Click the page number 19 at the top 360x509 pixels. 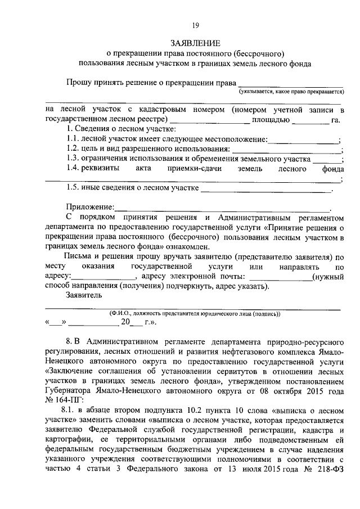pos(196,25)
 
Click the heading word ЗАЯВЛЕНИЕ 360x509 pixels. pos(195,43)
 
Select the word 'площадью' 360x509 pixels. pos(271,120)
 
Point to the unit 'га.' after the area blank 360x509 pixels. pos(336,120)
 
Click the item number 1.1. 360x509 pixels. pos(72,139)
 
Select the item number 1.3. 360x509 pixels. pos(72,159)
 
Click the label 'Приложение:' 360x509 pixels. pos(90,208)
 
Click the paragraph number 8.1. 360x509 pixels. pos(73,410)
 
